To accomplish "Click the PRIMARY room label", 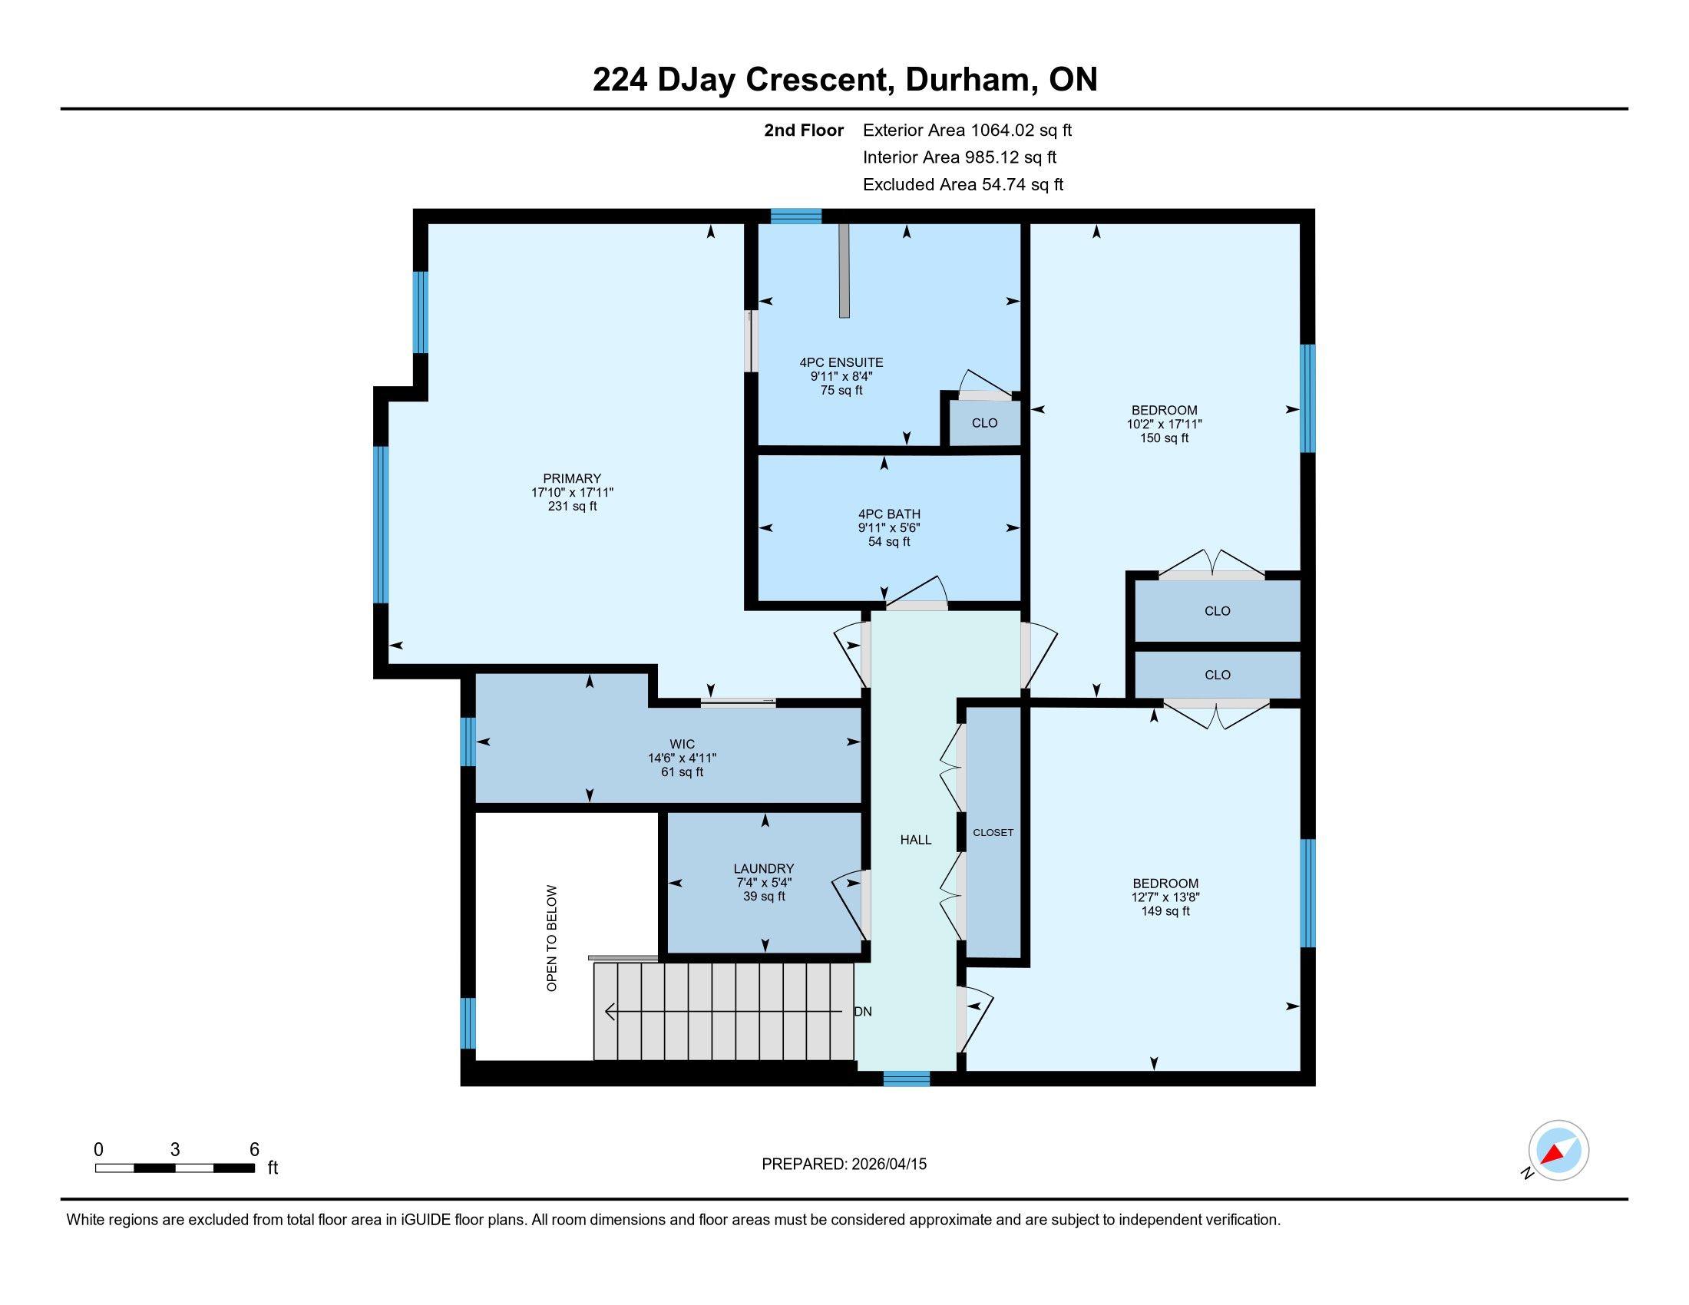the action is (571, 478).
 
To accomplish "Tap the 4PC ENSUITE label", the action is (841, 362).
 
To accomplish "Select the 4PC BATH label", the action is (889, 514).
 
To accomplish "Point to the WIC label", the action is (682, 745).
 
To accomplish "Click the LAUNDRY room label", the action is (764, 869).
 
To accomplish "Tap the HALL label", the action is (916, 840).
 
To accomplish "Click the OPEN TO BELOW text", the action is (551, 938).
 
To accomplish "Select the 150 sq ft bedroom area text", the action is (1164, 438).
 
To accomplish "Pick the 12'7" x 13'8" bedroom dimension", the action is (1165, 897).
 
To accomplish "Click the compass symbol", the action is (1558, 1151).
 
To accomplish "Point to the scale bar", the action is (175, 1168).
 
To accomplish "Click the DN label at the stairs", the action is (863, 1011).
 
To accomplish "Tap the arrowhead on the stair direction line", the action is (610, 1011).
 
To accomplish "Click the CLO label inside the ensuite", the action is (984, 423).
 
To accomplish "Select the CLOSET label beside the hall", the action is (993, 833).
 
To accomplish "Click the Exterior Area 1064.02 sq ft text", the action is (967, 130).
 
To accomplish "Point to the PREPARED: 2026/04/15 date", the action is (844, 1165).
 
